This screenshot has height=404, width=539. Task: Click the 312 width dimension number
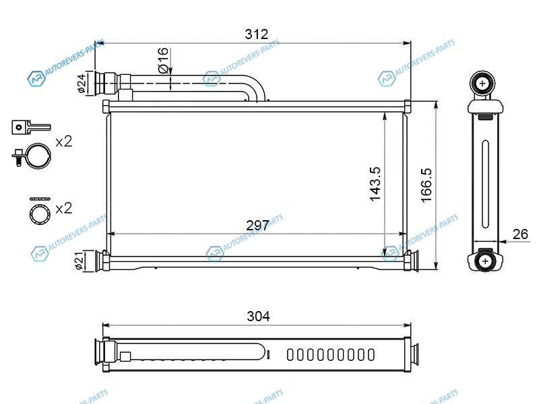pos(257,34)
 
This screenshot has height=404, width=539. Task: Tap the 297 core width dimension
pos(257,226)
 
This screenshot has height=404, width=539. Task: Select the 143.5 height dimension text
pos(375,184)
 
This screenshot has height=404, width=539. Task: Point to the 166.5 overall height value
pos(426,185)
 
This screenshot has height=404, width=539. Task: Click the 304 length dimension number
pos(258,316)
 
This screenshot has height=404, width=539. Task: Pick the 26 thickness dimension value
pos(520,234)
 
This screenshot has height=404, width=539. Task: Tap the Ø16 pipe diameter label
pos(163,61)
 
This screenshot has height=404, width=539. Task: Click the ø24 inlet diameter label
pos(82,83)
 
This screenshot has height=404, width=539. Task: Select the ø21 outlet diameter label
pos(79,261)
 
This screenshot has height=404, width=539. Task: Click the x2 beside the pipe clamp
pos(64,141)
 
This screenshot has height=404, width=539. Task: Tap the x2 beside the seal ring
pos(64,208)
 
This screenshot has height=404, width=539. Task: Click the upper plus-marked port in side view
pos(482,83)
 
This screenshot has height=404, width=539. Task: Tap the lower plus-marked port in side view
pos(485,261)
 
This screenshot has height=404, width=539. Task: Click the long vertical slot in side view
pos(485,184)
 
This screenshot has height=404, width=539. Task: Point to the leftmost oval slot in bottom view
pos(290,355)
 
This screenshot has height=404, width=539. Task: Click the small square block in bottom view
pos(125,357)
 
